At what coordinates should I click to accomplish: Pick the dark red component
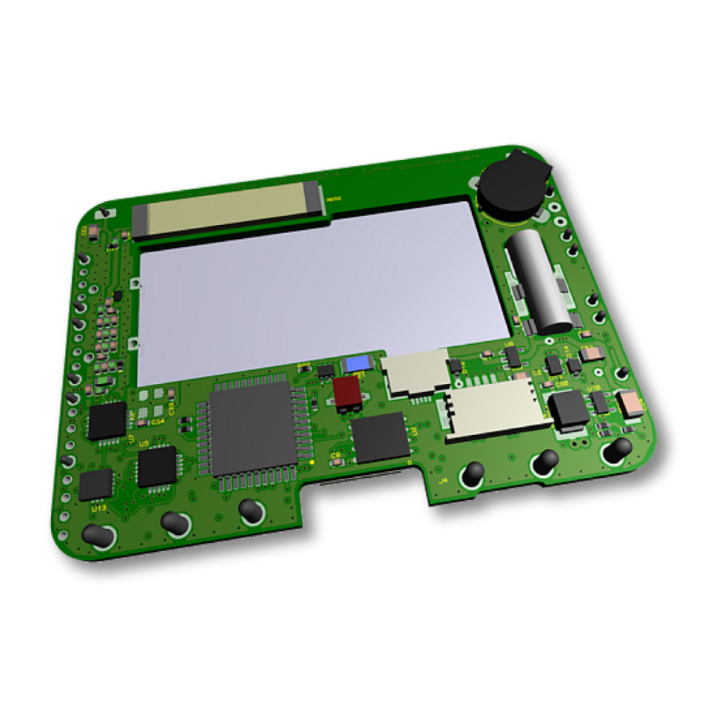[347, 392]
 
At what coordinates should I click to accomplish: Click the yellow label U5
[144, 443]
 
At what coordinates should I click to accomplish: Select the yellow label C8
[336, 453]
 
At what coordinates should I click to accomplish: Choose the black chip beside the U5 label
[157, 466]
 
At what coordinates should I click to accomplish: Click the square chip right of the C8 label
[380, 436]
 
